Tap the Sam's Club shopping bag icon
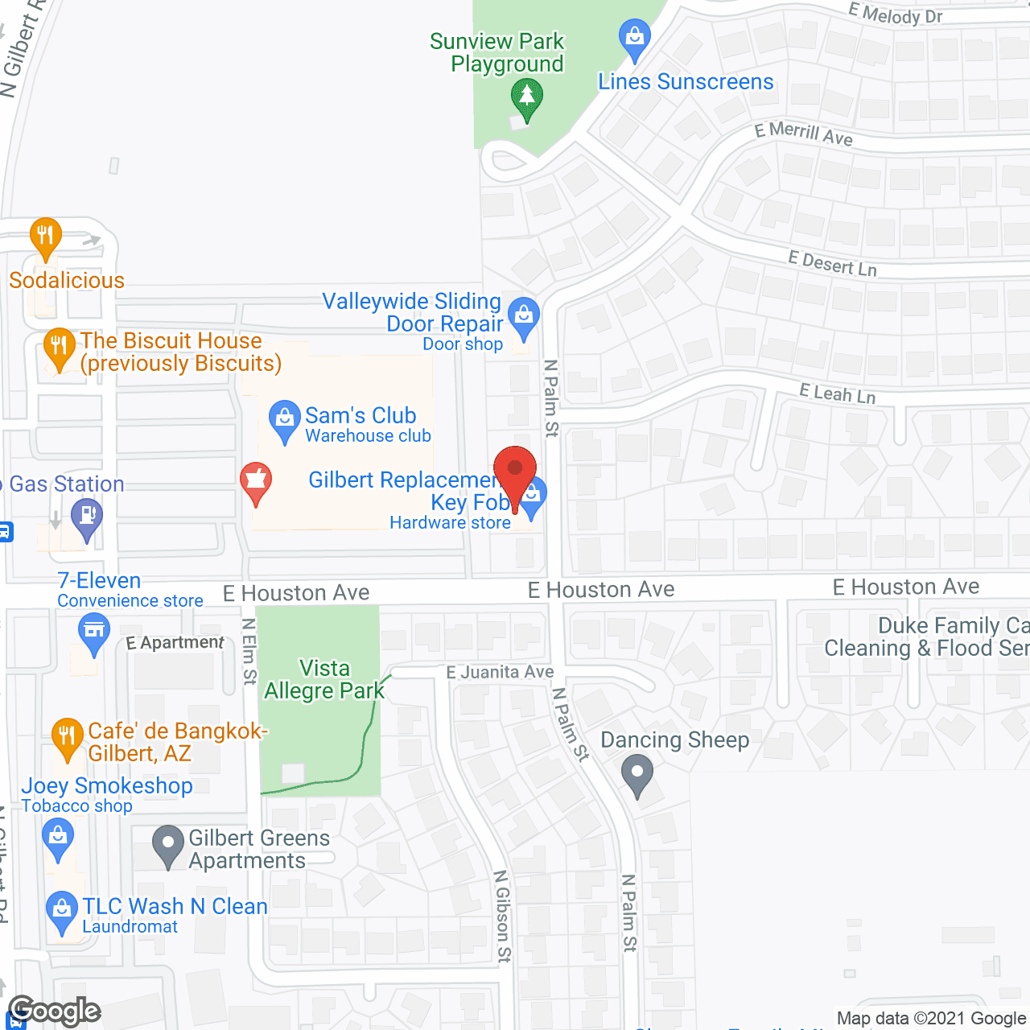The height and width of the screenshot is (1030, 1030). tap(284, 419)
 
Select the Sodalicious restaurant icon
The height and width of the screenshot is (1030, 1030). tap(45, 237)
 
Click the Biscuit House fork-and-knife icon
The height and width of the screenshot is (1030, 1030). tap(58, 348)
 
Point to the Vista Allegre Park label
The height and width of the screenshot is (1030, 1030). tap(324, 679)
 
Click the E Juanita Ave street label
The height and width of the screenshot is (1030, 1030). tap(500, 671)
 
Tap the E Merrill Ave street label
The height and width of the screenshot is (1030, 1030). tap(803, 134)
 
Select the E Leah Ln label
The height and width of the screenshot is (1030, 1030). tap(837, 393)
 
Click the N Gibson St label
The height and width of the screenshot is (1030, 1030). tap(503, 916)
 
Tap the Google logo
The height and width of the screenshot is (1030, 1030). tap(55, 1011)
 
